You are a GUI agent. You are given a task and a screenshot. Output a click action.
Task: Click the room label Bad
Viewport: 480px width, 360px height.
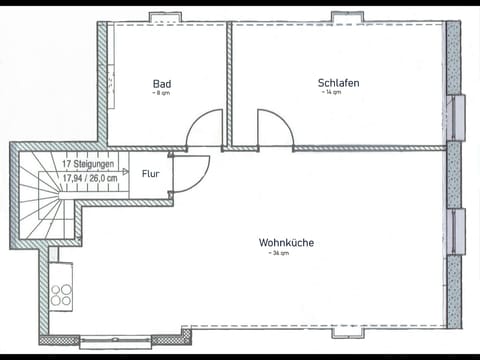[162, 83]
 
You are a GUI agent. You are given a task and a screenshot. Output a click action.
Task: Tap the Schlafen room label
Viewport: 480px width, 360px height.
[338, 83]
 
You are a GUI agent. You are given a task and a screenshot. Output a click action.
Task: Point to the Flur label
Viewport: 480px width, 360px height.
[150, 173]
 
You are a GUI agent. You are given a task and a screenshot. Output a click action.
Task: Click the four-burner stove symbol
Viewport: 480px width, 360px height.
[61, 295]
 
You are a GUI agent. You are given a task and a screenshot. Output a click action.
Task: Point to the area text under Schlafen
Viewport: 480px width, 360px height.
[331, 93]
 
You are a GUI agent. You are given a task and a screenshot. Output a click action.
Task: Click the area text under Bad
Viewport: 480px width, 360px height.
[160, 93]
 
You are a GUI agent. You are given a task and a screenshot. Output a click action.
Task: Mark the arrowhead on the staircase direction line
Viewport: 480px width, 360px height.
[126, 171]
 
